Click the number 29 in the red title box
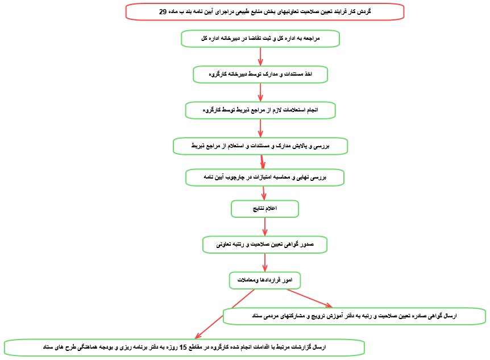[163, 11]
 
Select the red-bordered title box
[265, 11]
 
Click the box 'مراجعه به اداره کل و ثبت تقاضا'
[260, 38]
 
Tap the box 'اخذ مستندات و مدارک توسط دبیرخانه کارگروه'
[260, 75]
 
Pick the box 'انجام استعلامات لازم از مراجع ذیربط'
[260, 110]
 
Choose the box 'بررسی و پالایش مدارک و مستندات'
[260, 146]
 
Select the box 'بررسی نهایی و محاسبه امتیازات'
[264, 177]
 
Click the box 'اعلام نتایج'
[264, 209]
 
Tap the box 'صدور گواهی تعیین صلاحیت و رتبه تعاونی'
[265, 244]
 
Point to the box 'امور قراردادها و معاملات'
[264, 280]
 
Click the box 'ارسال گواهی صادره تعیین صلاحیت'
[354, 316]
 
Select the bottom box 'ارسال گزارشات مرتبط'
[184, 346]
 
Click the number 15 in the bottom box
[182, 346]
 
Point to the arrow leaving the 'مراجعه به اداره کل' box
[260, 56]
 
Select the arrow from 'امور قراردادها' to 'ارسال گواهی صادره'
[310, 299]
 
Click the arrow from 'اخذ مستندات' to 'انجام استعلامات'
[260, 92]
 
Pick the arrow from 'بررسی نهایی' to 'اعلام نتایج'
[264, 193]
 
